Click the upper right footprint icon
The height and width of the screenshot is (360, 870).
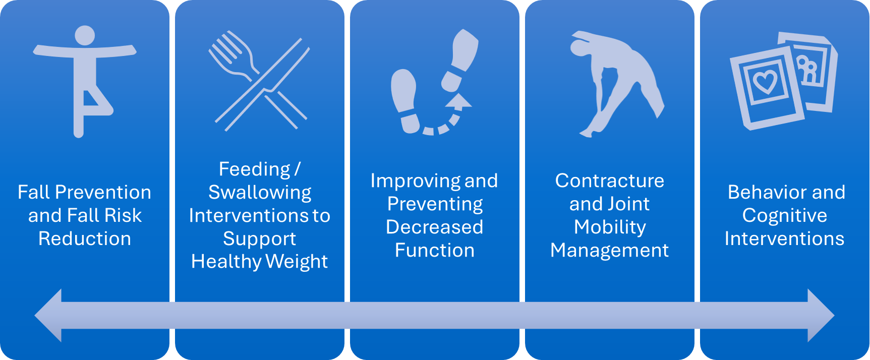(459, 60)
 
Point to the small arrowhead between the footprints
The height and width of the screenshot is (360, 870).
(458, 101)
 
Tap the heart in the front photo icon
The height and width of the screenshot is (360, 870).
(765, 81)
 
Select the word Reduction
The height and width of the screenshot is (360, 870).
(85, 238)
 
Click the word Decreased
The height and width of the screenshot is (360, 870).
(435, 227)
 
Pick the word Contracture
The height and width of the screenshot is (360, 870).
(610, 181)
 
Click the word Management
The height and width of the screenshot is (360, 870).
(610, 251)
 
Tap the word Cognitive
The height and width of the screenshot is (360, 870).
(785, 216)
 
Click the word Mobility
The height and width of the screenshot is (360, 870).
(610, 227)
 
